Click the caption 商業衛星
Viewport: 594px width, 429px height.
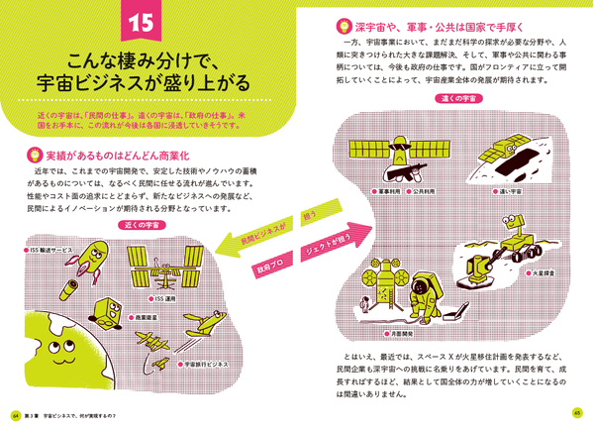point(148,317)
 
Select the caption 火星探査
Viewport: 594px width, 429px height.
point(544,267)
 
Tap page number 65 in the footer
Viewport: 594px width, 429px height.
point(579,414)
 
